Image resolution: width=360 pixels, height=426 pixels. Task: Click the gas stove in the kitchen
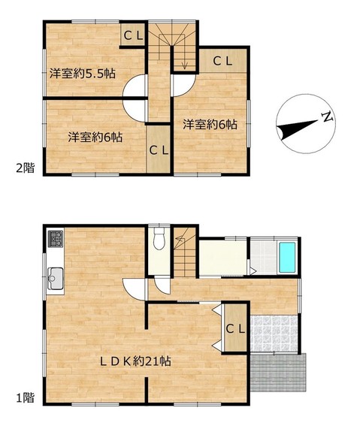pyautogui.click(x=56, y=239)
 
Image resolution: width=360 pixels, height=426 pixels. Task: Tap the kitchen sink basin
pyautogui.click(x=56, y=279)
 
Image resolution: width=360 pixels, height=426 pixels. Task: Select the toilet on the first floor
pyautogui.click(x=159, y=238)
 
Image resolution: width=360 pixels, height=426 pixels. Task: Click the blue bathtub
pyautogui.click(x=287, y=258)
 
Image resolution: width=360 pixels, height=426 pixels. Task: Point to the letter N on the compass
pyautogui.click(x=328, y=116)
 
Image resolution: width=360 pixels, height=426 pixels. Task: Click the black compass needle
pyautogui.click(x=297, y=130)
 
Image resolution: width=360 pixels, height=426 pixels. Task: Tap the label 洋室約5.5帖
pyautogui.click(x=83, y=74)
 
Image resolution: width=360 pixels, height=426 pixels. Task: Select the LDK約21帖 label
pyautogui.click(x=135, y=361)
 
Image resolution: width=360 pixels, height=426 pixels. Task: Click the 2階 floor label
pyautogui.click(x=26, y=168)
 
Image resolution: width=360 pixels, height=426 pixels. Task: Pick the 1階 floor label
pyautogui.click(x=26, y=398)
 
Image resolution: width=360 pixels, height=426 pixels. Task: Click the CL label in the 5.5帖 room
pyautogui.click(x=134, y=35)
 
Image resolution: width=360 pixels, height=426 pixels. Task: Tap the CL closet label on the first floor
pyautogui.click(x=235, y=329)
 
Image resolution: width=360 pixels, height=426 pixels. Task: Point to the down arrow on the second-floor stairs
pyautogui.click(x=185, y=59)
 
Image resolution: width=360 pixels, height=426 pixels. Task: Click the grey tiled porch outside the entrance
pyautogui.click(x=278, y=372)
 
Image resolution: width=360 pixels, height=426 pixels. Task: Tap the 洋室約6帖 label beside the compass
pyautogui.click(x=210, y=125)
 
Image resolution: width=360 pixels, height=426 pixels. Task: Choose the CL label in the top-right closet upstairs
pyautogui.click(x=222, y=61)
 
